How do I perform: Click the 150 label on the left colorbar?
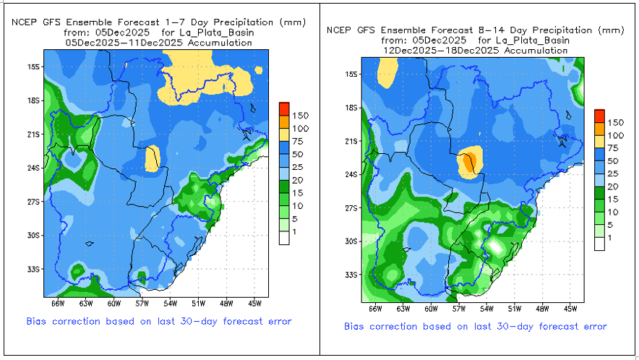301,115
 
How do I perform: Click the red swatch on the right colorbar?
599,115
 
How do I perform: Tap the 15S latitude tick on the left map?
32,67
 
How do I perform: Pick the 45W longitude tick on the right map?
569,309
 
